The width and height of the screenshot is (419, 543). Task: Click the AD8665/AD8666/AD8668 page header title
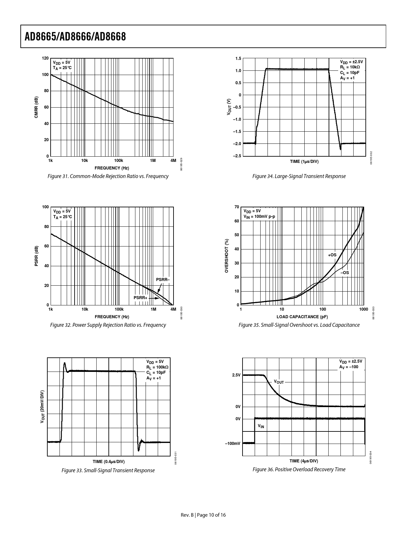pyautogui.click(x=75, y=37)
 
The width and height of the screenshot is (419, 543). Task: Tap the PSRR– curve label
pyautogui.click(x=163, y=280)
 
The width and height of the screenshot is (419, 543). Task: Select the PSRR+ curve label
pyautogui.click(x=140, y=298)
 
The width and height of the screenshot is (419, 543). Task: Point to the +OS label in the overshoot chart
pyautogui.click(x=332, y=255)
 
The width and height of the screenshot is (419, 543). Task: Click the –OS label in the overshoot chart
pyautogui.click(x=345, y=273)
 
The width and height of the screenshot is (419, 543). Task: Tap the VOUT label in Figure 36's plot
pyautogui.click(x=279, y=382)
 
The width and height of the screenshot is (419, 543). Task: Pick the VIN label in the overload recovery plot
pyautogui.click(x=261, y=427)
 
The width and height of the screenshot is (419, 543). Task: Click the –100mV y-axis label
pyautogui.click(x=233, y=444)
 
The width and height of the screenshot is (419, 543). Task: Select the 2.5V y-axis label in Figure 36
pyautogui.click(x=236, y=375)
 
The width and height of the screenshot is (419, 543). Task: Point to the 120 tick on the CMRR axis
pyautogui.click(x=45, y=58)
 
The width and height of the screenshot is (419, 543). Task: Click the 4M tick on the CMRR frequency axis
pyautogui.click(x=173, y=161)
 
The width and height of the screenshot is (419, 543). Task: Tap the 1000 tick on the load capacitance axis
pyautogui.click(x=363, y=310)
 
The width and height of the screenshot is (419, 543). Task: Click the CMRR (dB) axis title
pyautogui.click(x=36, y=108)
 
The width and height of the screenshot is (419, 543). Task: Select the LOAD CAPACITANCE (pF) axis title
pyautogui.click(x=302, y=317)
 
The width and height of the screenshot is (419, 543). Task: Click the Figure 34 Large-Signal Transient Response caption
pyautogui.click(x=299, y=176)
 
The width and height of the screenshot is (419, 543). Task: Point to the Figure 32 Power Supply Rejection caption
pyautogui.click(x=108, y=325)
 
